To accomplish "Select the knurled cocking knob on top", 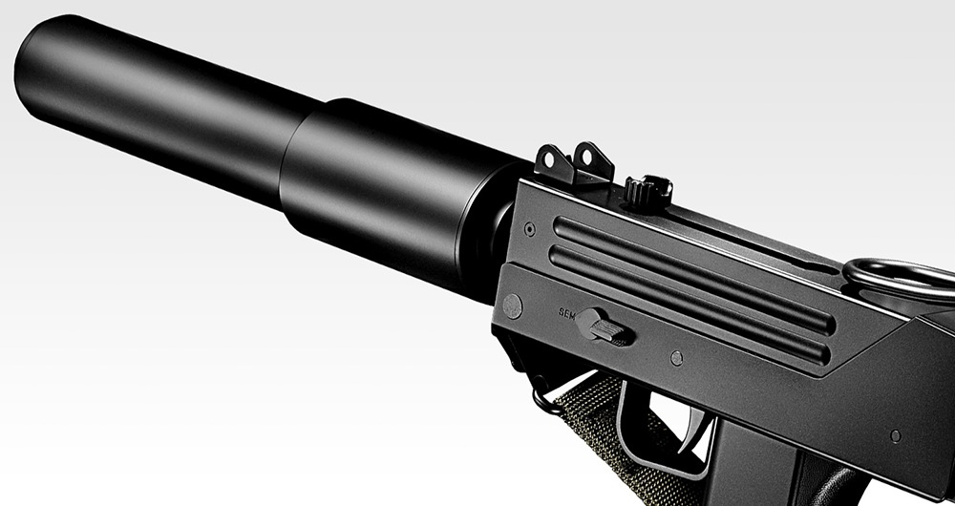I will coord(648,190).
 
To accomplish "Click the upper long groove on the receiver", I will coord(688,271).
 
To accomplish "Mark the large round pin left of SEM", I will coord(513,306).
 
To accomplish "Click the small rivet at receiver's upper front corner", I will coord(529,229).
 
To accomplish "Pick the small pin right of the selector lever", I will coord(676,358).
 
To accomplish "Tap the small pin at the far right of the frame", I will coord(895,435).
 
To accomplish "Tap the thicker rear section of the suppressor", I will coord(392,196).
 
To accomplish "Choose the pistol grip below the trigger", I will coord(754,468).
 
